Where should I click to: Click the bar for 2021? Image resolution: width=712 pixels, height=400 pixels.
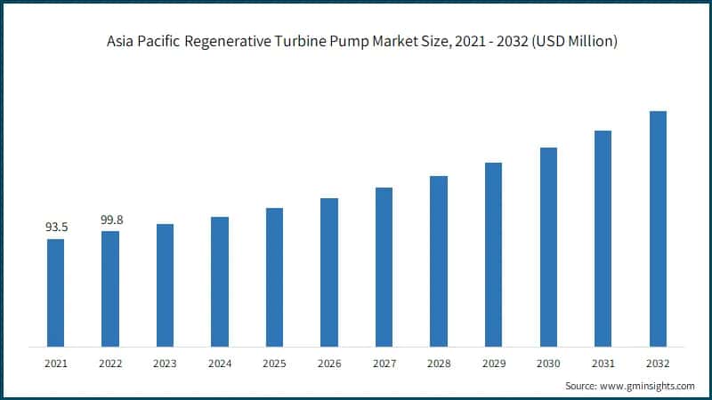pyautogui.click(x=55, y=292)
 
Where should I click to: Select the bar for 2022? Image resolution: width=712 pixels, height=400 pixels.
pyautogui.click(x=110, y=288)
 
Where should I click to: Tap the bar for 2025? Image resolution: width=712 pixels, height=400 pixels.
pyautogui.click(x=274, y=276)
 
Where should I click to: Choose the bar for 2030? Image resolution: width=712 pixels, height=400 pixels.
pyautogui.click(x=548, y=246)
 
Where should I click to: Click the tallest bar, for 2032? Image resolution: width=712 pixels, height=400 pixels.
pyautogui.click(x=658, y=228)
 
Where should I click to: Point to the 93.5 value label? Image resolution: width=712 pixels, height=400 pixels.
pyautogui.click(x=56, y=228)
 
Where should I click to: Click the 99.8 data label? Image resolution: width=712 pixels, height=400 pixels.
pyautogui.click(x=110, y=220)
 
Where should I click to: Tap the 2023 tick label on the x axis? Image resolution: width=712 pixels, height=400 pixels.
pyautogui.click(x=165, y=363)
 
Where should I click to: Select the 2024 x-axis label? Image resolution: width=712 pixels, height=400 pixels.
pyautogui.click(x=220, y=363)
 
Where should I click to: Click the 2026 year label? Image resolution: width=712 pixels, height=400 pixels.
pyautogui.click(x=329, y=363)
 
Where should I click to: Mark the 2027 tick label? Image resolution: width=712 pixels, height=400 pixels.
pyautogui.click(x=384, y=363)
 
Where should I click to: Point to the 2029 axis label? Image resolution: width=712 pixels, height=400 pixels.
pyautogui.click(x=493, y=363)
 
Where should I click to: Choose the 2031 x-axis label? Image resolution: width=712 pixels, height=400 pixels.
pyautogui.click(x=603, y=363)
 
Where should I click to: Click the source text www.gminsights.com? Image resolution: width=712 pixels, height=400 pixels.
pyautogui.click(x=646, y=386)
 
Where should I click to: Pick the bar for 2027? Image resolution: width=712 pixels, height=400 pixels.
pyautogui.click(x=384, y=267)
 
